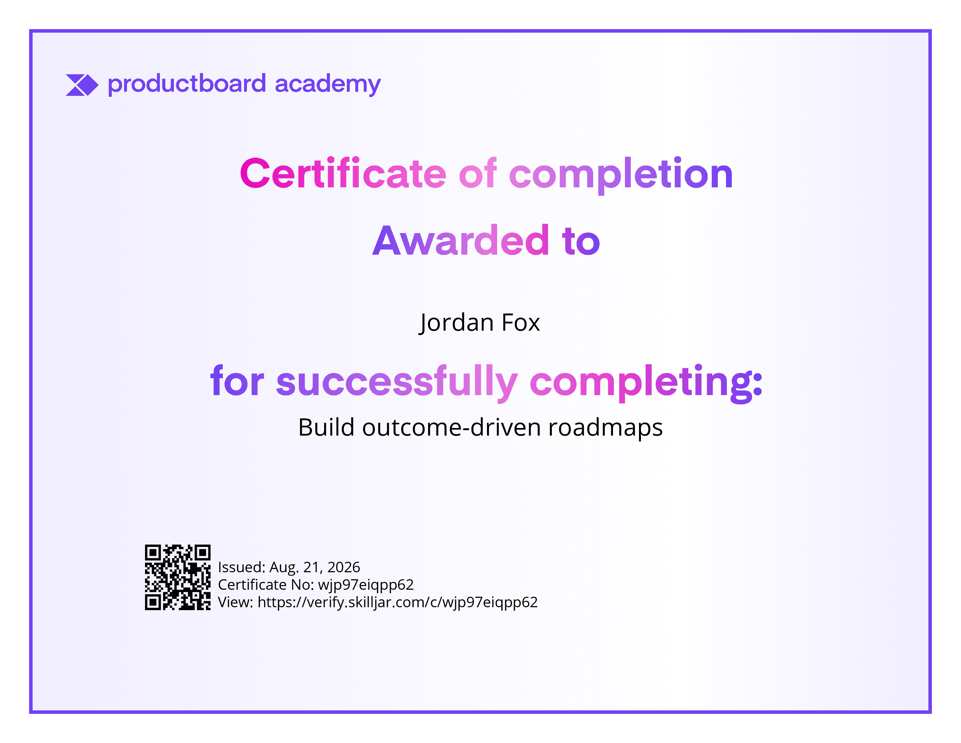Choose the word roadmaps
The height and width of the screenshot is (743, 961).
(605, 428)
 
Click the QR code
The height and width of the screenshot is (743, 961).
(178, 577)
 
